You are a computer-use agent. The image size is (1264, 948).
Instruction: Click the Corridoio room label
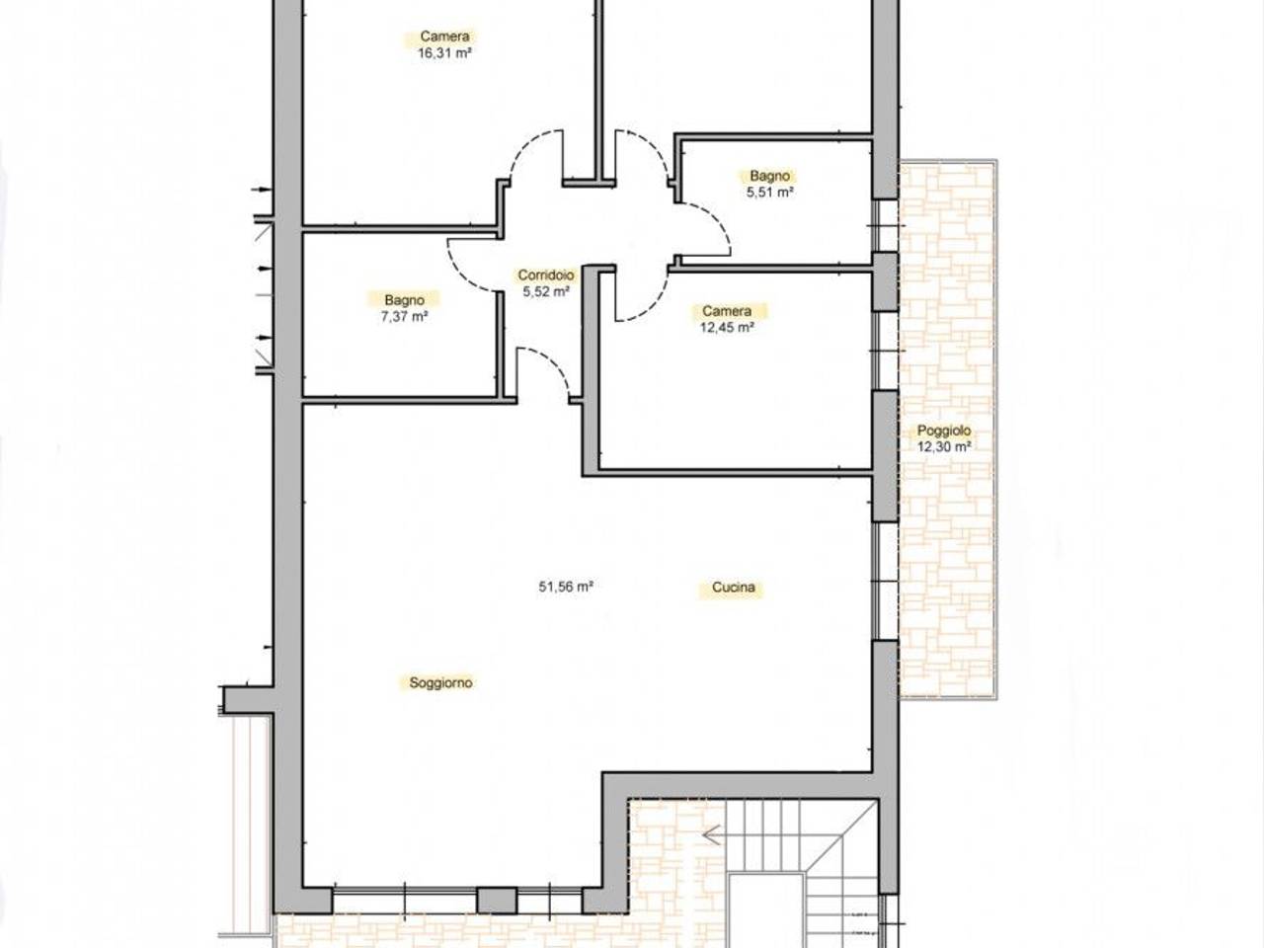545,276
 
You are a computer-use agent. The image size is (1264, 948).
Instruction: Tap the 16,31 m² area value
445,53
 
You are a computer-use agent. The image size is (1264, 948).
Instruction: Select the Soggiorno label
440,682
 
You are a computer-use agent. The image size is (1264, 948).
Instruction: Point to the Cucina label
733,588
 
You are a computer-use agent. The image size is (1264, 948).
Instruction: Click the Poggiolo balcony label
944,431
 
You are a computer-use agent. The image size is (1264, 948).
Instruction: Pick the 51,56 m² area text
566,587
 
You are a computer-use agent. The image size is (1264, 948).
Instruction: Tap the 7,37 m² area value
404,316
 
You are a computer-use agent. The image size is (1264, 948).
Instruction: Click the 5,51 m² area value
770,193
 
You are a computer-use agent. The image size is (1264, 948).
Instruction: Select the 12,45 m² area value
728,328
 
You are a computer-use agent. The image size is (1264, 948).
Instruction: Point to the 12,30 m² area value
944,446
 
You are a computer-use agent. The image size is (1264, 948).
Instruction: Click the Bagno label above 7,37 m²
404,300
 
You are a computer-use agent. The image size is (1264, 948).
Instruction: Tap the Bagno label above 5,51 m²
770,176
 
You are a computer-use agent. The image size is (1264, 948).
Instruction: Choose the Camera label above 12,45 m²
727,311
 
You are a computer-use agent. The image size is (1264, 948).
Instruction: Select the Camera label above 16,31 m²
444,37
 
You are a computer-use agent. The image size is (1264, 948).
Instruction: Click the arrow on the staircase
713,834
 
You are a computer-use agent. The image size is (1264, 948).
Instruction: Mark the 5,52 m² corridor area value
546,292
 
